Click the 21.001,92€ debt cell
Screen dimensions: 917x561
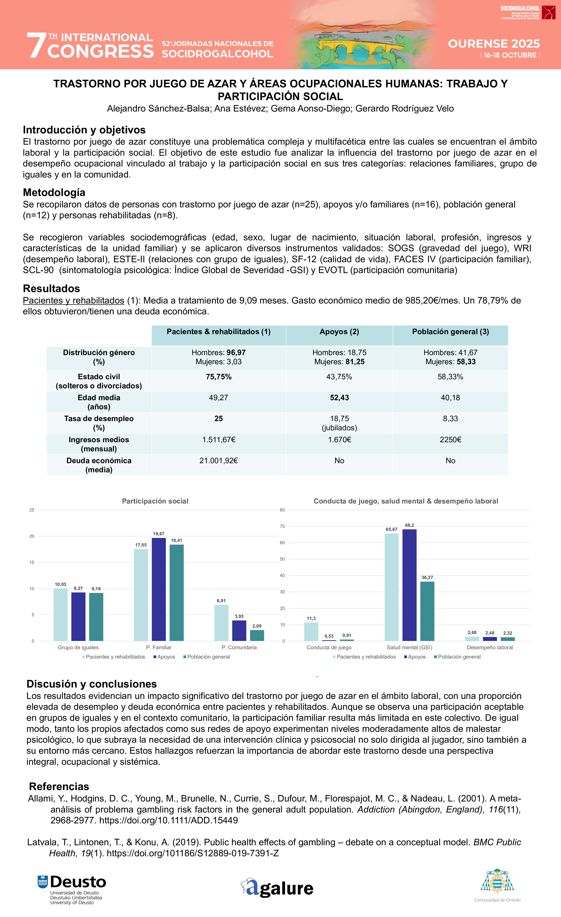point(218,461)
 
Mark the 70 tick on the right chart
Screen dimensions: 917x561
point(283,526)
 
